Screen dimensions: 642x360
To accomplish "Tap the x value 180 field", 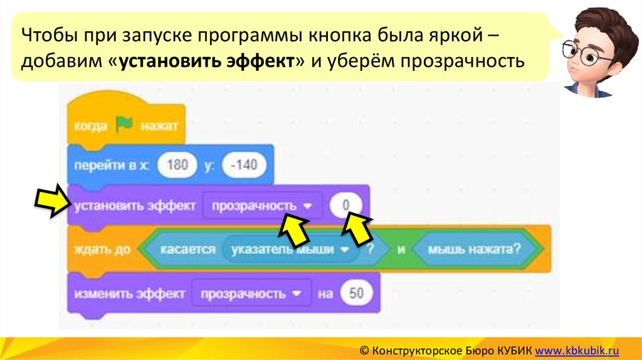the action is point(178,166).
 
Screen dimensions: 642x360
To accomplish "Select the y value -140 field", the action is point(244,166).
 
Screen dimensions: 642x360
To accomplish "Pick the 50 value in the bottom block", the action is point(356,293).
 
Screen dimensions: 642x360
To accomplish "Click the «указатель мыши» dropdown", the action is point(290,249).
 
